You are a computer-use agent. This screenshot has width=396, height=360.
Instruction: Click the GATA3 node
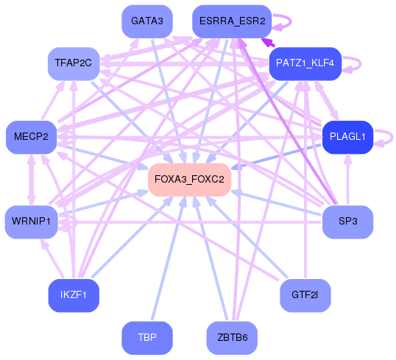[147, 21]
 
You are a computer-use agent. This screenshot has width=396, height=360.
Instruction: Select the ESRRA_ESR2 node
[232, 21]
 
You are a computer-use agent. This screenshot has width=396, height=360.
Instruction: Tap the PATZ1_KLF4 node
[305, 63]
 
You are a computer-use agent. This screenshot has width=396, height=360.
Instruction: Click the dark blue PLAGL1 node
[347, 137]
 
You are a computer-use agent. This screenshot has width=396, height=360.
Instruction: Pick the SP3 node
[347, 222]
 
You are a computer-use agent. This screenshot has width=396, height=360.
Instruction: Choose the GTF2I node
[305, 295]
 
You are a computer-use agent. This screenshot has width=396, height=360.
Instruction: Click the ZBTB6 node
[232, 337]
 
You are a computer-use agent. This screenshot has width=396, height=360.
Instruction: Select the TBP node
[147, 337]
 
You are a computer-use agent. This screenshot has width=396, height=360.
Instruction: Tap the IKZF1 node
[74, 295]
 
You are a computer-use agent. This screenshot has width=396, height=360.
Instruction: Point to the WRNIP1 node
[31, 222]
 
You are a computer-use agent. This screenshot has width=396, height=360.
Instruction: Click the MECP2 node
[31, 137]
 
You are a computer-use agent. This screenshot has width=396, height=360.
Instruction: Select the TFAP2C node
[74, 63]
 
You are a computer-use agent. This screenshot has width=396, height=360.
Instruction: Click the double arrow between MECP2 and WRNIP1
[31, 180]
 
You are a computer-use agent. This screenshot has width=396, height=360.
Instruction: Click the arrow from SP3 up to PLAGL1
[347, 180]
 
